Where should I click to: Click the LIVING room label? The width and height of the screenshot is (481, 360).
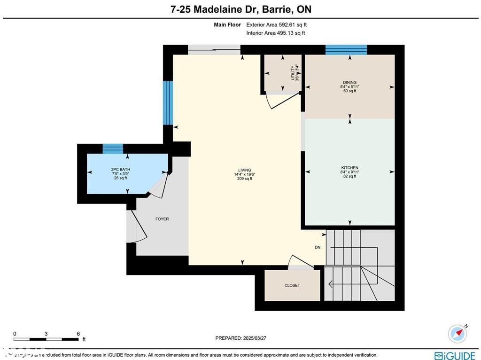coord(244,170)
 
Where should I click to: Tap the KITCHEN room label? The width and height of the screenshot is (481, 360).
coord(349,168)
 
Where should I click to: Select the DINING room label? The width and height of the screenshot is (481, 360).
coord(349,83)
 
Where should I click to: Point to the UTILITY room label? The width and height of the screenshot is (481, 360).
coord(293,73)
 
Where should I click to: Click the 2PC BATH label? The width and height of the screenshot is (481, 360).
coord(120,170)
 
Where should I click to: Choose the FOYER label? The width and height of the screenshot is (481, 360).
coord(162,219)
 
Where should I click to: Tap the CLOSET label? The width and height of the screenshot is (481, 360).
coord(292,285)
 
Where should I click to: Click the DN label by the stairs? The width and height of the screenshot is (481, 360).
coord(318,248)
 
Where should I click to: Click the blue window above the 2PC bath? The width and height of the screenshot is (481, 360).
coord(113,149)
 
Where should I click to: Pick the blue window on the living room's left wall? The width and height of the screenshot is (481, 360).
coord(168,102)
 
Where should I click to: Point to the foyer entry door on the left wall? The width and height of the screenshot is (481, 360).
coord(133,226)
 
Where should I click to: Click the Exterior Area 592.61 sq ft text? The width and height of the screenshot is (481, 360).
coord(276,25)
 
